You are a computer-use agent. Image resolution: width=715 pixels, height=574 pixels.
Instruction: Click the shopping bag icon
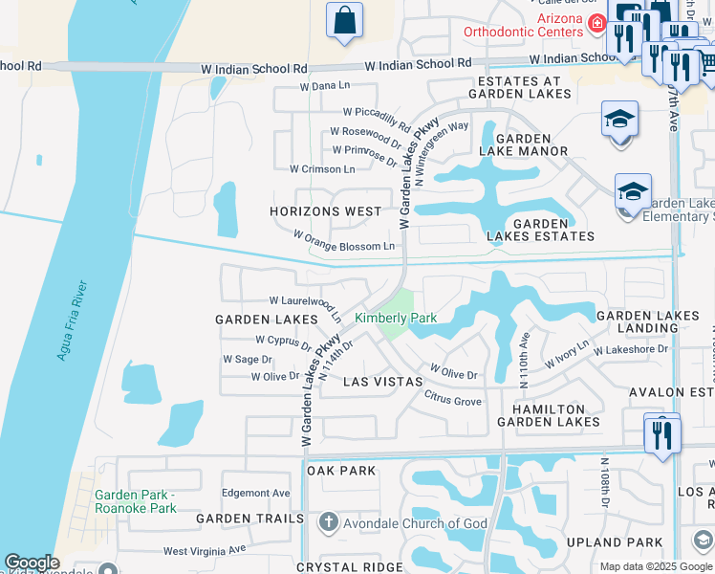[x=344, y=20]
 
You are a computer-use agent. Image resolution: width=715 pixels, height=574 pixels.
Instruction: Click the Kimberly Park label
[x=395, y=318]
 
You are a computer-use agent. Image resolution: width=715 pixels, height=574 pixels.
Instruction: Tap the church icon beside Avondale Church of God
[x=328, y=522]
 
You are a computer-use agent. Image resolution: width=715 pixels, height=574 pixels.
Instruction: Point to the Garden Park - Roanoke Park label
[x=136, y=501]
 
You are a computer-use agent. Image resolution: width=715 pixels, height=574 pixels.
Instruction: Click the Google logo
[x=32, y=563]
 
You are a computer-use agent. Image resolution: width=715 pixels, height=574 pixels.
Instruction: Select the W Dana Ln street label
[x=325, y=86]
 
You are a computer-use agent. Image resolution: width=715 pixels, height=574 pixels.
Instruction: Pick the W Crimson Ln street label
[x=322, y=169]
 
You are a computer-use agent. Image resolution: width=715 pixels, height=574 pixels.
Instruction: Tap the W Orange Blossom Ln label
[x=343, y=240]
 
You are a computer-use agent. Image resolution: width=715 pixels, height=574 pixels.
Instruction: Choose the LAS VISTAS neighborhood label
[x=382, y=381]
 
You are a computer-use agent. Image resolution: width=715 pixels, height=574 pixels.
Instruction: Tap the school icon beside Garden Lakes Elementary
[x=633, y=192]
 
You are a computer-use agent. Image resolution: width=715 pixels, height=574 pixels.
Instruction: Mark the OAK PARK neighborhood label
[x=341, y=471]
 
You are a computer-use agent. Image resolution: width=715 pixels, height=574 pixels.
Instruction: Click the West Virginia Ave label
[x=205, y=550]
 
